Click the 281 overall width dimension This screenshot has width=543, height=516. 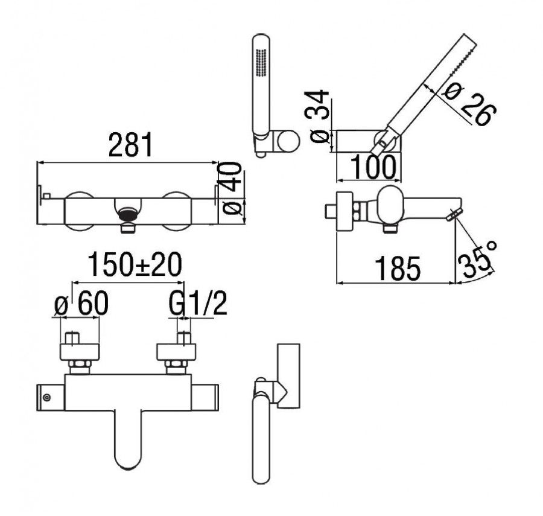[x=130, y=144]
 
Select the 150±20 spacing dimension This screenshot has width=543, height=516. [x=135, y=264]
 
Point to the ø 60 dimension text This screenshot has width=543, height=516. [x=81, y=303]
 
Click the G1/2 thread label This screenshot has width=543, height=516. [x=198, y=303]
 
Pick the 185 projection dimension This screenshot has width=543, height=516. [x=398, y=269]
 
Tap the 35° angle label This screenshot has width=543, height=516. [x=477, y=258]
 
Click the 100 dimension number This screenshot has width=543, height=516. [x=373, y=167]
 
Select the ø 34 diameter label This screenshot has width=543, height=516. [x=320, y=116]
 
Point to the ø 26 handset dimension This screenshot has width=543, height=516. [x=470, y=104]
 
